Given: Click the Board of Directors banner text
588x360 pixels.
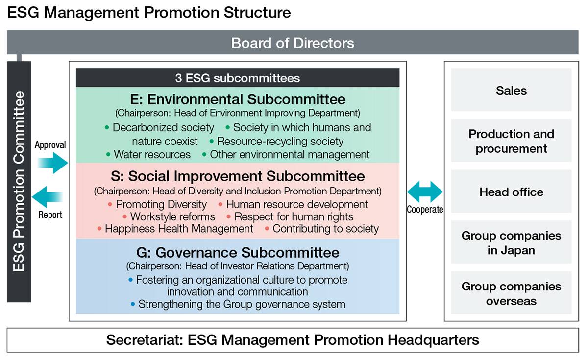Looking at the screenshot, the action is (x=293, y=43).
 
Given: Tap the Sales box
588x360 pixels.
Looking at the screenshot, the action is (x=511, y=90).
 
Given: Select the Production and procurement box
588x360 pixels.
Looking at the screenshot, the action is (x=511, y=141).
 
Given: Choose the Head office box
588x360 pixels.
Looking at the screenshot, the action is (x=511, y=192).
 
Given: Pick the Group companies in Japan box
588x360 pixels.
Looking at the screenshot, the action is (x=511, y=242).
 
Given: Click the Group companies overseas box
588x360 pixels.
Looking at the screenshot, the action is (x=511, y=293).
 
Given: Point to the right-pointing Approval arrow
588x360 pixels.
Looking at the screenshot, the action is (x=52, y=163).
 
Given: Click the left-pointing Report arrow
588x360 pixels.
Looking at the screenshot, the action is (x=47, y=197).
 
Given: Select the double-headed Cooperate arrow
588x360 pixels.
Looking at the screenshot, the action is (x=425, y=192).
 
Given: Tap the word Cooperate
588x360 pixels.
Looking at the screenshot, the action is (x=425, y=210).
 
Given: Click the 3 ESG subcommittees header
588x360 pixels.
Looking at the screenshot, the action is (x=238, y=78).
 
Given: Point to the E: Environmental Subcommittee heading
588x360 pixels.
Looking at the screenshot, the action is (x=238, y=99).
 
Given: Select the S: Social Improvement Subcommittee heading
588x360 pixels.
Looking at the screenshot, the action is (x=238, y=176).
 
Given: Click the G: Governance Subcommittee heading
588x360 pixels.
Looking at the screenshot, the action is (x=238, y=252).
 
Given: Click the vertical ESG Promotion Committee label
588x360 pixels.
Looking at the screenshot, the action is (x=19, y=181).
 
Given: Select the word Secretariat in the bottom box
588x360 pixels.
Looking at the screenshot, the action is (x=145, y=340).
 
